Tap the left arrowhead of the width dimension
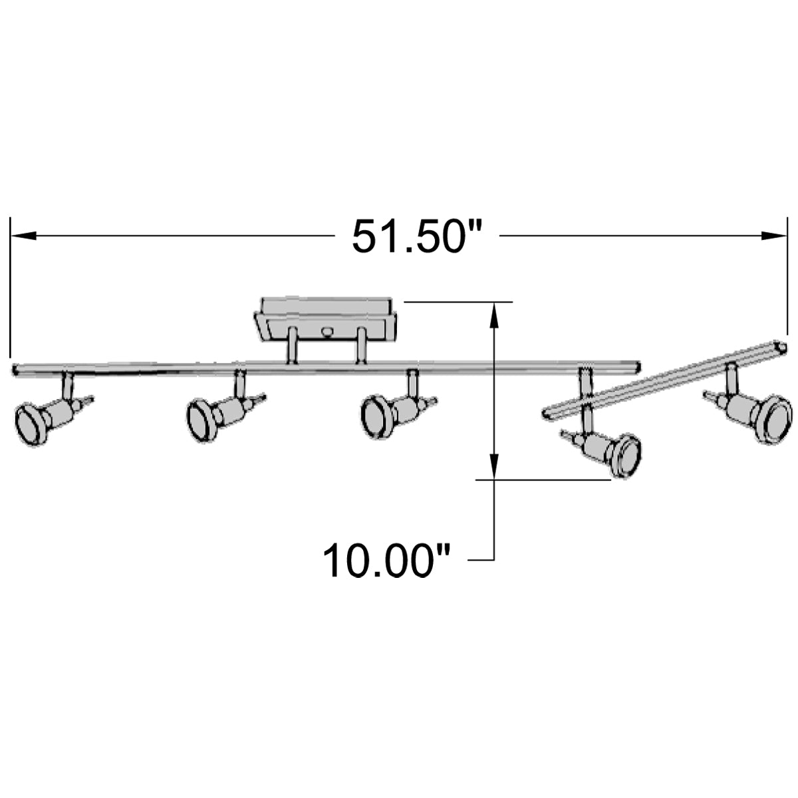23,235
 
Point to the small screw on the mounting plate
326,330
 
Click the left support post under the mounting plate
291,346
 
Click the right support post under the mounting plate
360,346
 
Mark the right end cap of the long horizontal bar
636,366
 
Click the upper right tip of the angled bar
781,347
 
